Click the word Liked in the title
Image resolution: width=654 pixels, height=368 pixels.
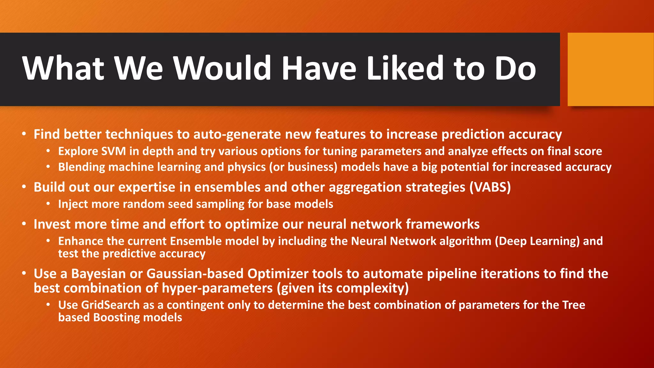point(405,68)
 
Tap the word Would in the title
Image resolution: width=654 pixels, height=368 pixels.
point(222,68)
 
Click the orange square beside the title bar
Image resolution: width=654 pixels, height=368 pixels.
point(610,69)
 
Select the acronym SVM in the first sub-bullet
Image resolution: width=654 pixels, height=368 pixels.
point(113,151)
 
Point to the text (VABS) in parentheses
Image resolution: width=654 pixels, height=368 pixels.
point(490,187)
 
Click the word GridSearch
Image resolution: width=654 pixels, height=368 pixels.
point(110,305)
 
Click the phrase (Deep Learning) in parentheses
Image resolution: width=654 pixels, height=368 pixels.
point(537,241)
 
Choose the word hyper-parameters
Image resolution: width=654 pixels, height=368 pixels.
point(217,288)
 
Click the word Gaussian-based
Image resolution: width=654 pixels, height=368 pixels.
point(195,274)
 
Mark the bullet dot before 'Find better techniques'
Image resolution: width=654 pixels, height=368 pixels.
point(24,134)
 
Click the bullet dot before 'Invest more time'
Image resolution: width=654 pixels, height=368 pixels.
point(24,224)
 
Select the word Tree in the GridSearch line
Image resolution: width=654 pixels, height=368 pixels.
point(574,305)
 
